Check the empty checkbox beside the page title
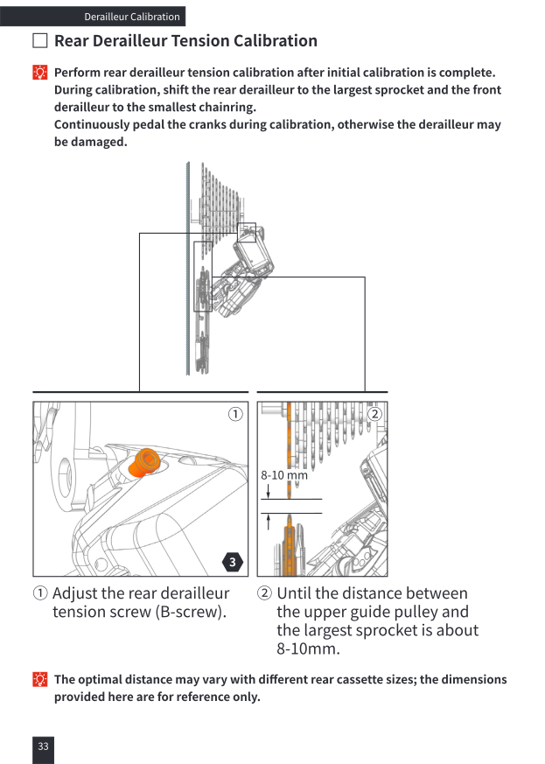tap(40, 40)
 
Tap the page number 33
tap(44, 746)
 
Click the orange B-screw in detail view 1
tap(144, 461)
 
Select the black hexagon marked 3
tap(233, 562)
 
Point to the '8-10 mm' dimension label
tap(284, 475)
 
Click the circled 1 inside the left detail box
tap(235, 414)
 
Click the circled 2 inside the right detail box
tap(374, 414)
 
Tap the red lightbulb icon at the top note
tap(40, 73)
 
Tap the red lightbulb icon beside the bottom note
tap(40, 679)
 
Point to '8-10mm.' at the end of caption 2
tap(308, 648)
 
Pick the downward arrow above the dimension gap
tap(268, 491)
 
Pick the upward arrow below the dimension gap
tap(268, 522)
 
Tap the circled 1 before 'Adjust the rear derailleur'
tap(40, 593)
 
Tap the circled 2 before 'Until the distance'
tap(264, 593)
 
